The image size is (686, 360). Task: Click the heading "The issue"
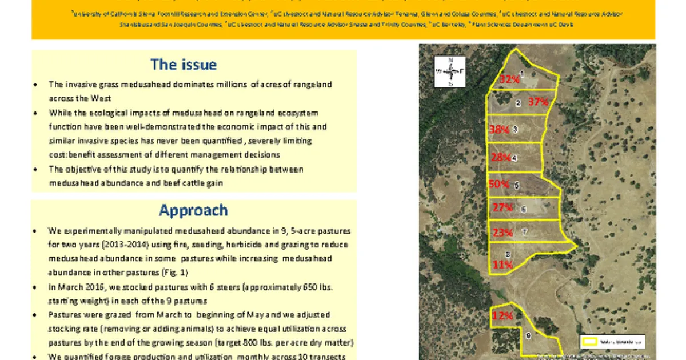click(x=184, y=65)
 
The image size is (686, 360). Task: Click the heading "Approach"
click(x=193, y=210)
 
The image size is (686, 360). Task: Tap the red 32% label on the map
click(x=509, y=79)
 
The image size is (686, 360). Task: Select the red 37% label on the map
click(x=538, y=102)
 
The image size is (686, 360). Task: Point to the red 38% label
click(x=499, y=130)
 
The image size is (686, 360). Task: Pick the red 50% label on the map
click(x=499, y=184)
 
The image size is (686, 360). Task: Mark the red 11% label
click(x=502, y=264)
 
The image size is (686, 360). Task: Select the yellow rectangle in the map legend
click(x=589, y=342)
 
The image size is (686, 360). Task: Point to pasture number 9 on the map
click(x=528, y=335)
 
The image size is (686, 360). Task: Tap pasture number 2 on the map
click(x=518, y=103)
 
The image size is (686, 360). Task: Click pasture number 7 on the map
click(x=524, y=232)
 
